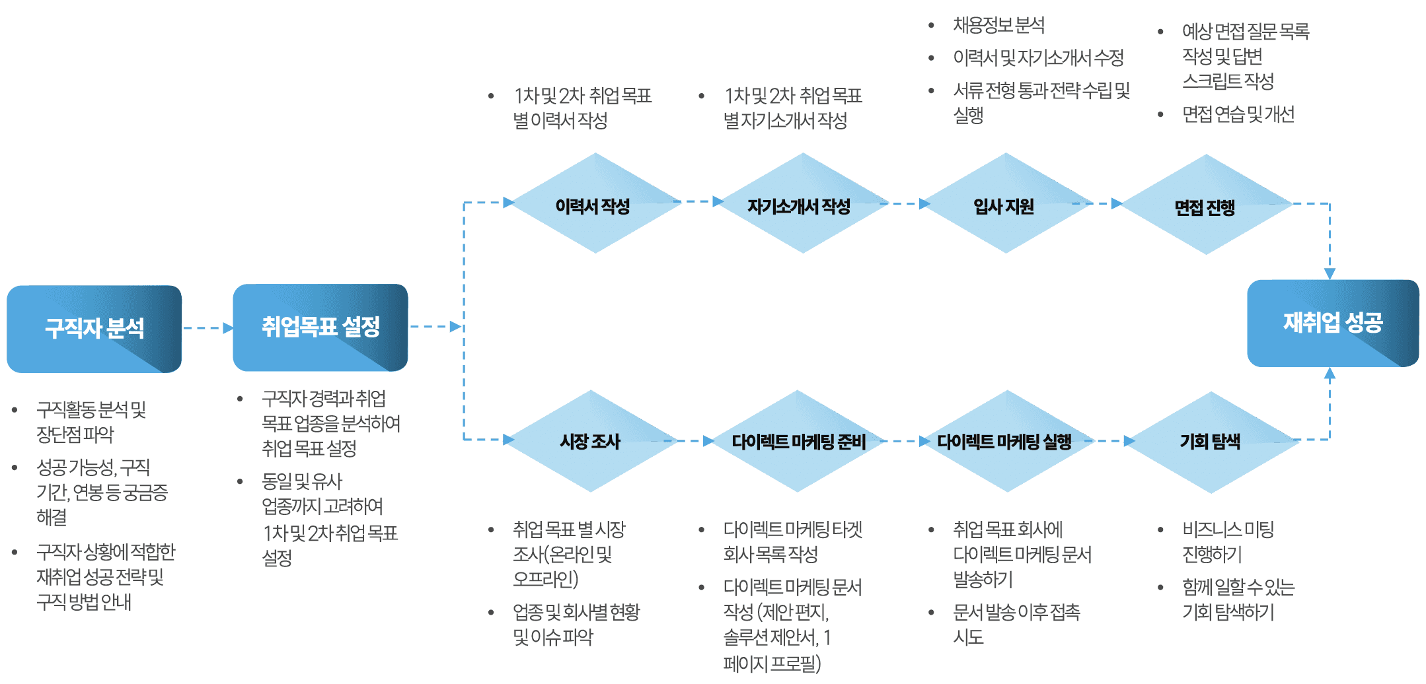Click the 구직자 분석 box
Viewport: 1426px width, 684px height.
[94, 329]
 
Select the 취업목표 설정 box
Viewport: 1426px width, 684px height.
[320, 327]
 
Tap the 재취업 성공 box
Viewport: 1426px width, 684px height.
[1333, 323]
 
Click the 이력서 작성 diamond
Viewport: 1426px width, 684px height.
[595, 203]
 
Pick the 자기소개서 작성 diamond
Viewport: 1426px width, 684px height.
[802, 203]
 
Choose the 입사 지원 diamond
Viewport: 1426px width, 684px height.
[1006, 203]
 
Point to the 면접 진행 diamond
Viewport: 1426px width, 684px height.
[1207, 205]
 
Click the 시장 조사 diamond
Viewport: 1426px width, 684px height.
[591, 441]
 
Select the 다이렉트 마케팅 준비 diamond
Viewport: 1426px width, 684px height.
[798, 441]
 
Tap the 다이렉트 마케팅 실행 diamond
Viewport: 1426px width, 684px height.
[1006, 441]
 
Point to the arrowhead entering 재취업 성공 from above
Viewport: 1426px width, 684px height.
[1330, 274]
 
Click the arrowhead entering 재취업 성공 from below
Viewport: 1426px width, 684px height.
[1330, 373]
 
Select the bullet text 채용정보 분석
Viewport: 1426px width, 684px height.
[998, 25]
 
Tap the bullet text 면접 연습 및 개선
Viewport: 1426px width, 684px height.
[1238, 114]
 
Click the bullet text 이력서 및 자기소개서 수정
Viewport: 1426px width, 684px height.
[1038, 57]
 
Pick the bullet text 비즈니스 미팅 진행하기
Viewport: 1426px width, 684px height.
[1228, 541]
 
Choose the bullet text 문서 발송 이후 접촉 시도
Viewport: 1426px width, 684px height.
[1016, 624]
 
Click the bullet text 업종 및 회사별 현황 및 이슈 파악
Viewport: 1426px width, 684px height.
[576, 624]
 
